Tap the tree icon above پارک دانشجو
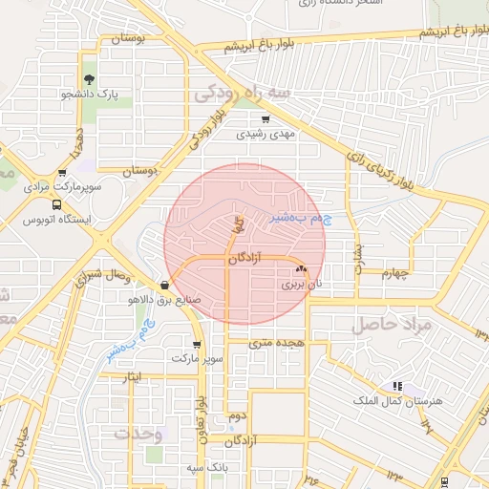coord(89,79)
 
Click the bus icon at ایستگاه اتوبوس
coord(56,204)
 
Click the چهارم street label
coord(393,274)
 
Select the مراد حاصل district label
coord(393,325)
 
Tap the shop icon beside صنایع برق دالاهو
coord(165,284)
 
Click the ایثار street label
coord(139,378)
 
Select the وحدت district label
coord(139,433)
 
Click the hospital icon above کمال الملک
coord(396,386)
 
